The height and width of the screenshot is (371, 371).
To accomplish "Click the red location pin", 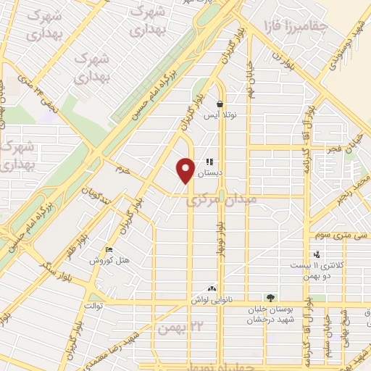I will pyautogui.click(x=185, y=170).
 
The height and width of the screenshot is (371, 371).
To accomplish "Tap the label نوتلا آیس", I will pyautogui.click(x=220, y=115).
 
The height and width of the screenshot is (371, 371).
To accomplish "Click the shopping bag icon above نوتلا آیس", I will pyautogui.click(x=220, y=104).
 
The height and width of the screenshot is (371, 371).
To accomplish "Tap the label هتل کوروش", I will pyautogui.click(x=108, y=260).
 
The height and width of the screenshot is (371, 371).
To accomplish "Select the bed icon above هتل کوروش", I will pyautogui.click(x=109, y=250).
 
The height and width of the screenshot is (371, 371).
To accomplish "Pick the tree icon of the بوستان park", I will pyautogui.click(x=271, y=298).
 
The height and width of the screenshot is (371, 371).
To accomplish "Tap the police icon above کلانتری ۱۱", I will pyautogui.click(x=316, y=254).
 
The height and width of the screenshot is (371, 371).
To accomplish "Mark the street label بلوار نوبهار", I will pyautogui.click(x=217, y=239).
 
